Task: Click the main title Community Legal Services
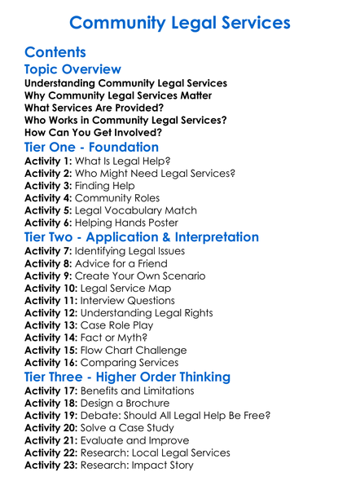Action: click(180, 22)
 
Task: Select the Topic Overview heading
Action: click(73, 69)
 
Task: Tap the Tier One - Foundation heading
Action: click(91, 148)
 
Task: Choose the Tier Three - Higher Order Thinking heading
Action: click(127, 377)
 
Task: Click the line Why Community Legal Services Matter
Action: click(118, 95)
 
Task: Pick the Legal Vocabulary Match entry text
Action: click(143, 210)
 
